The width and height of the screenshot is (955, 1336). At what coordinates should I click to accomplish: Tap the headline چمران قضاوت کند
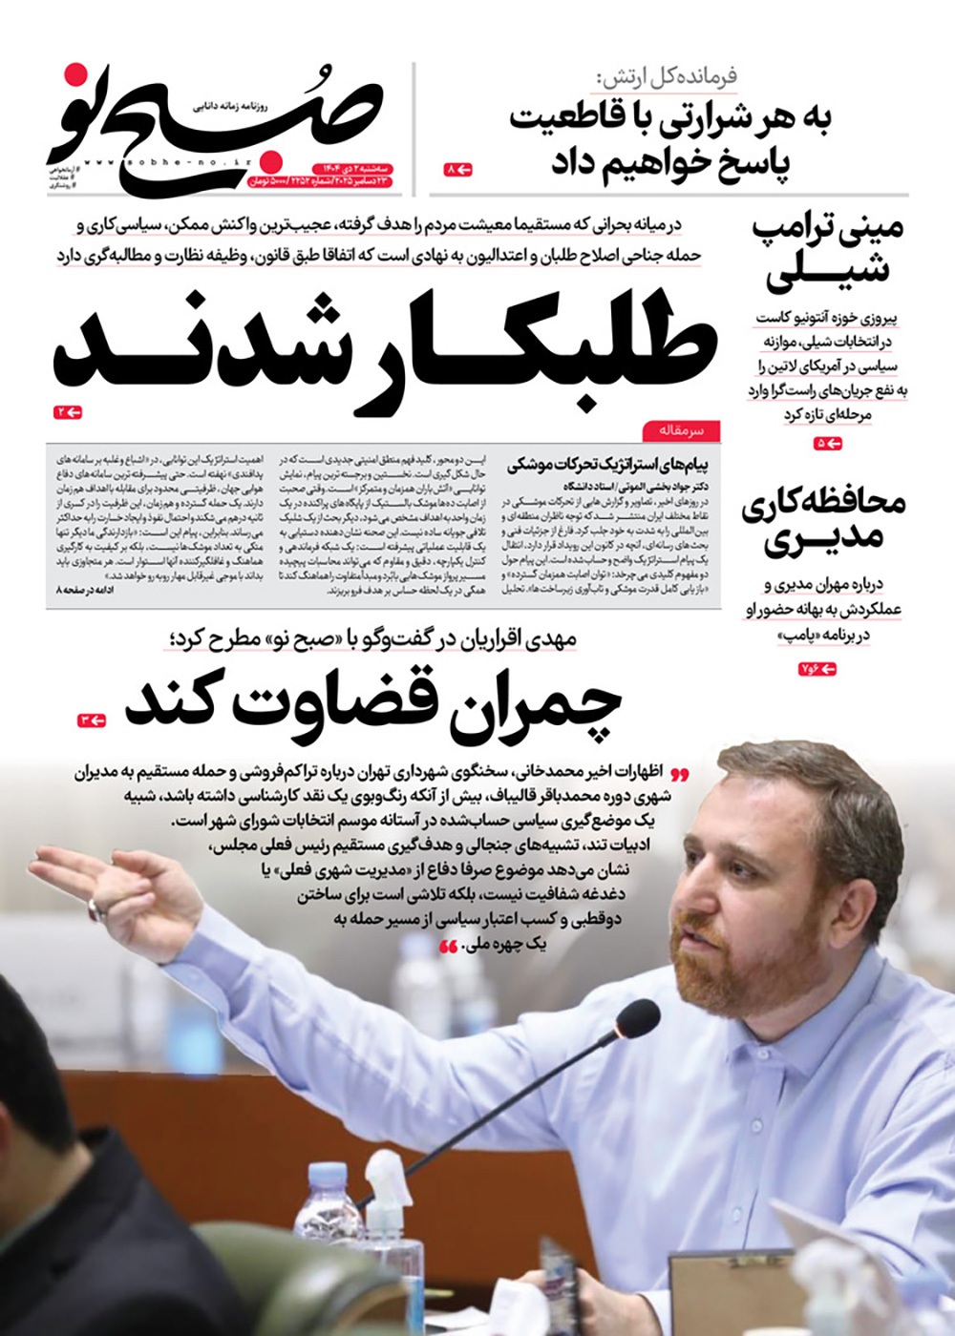point(372,704)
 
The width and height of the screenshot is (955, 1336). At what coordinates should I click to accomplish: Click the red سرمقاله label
point(681,431)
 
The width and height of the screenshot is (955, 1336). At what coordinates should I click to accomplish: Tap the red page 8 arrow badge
point(459,169)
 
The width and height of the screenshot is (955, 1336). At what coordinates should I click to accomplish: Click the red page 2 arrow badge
point(68,412)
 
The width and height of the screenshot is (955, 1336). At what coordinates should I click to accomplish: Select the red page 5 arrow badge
point(829,444)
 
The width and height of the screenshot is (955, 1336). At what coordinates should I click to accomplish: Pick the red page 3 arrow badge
point(92,719)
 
